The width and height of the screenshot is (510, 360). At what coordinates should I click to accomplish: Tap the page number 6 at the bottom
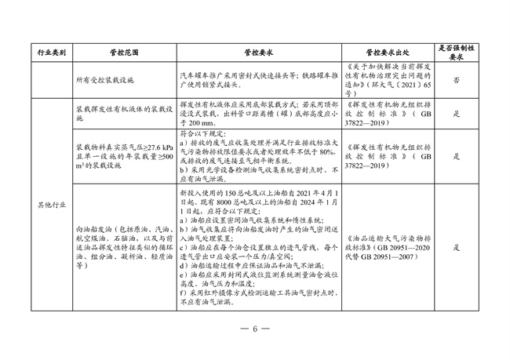click(254, 327)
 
